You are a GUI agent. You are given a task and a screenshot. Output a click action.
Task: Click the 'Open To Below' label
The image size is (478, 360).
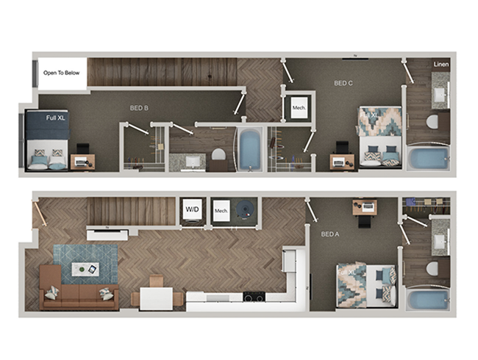[x=61, y=72]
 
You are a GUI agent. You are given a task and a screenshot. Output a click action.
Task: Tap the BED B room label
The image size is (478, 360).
[x=139, y=108]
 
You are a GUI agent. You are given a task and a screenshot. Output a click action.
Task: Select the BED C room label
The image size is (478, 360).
[x=343, y=84]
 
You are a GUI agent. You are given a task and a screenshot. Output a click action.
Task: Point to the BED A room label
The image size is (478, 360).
[x=330, y=235]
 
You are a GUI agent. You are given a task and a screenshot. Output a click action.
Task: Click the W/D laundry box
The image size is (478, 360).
[x=193, y=209]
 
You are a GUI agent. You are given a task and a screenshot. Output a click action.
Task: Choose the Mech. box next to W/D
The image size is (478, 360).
[x=222, y=212]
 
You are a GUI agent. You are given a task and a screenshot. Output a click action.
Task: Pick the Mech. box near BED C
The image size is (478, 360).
[x=299, y=108]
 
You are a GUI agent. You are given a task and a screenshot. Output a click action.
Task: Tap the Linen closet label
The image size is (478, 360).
[x=441, y=65]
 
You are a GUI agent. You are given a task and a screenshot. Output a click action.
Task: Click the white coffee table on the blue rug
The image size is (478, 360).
[x=86, y=270]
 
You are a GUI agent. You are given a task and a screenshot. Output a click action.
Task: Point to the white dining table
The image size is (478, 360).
[x=155, y=298]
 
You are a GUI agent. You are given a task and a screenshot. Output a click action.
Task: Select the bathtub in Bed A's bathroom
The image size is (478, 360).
[x=427, y=300]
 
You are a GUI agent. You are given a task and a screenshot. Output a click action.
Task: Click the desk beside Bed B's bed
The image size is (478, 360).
[x=82, y=160]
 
